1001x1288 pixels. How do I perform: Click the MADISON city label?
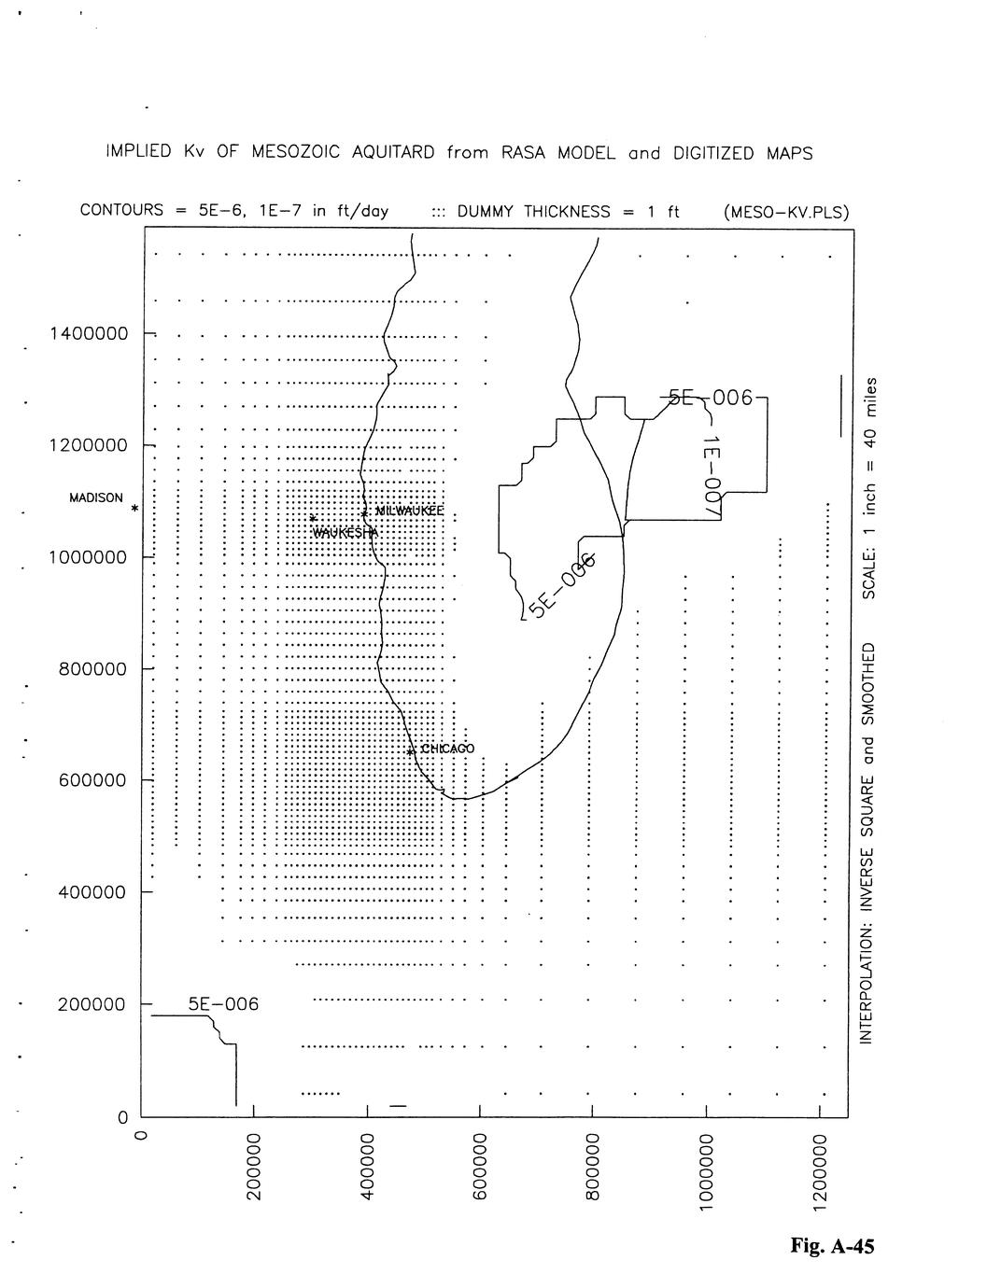(x=95, y=497)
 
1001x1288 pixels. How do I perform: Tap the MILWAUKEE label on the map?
(x=408, y=511)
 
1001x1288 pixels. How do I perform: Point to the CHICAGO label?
(x=448, y=749)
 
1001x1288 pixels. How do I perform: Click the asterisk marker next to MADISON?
(x=134, y=510)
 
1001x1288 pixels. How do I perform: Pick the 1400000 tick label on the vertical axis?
(x=89, y=333)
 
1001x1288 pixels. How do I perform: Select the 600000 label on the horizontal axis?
(x=480, y=1167)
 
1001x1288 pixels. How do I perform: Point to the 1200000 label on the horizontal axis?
(x=820, y=1172)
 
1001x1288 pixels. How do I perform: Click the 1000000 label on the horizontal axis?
(x=707, y=1172)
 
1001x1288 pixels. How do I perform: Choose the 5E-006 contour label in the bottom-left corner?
(x=223, y=1004)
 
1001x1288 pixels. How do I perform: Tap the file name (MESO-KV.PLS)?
(x=785, y=212)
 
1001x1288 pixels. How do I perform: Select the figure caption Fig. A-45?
(x=832, y=1245)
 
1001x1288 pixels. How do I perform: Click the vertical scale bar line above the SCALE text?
(x=841, y=406)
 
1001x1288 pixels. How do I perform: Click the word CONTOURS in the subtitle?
(x=121, y=211)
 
